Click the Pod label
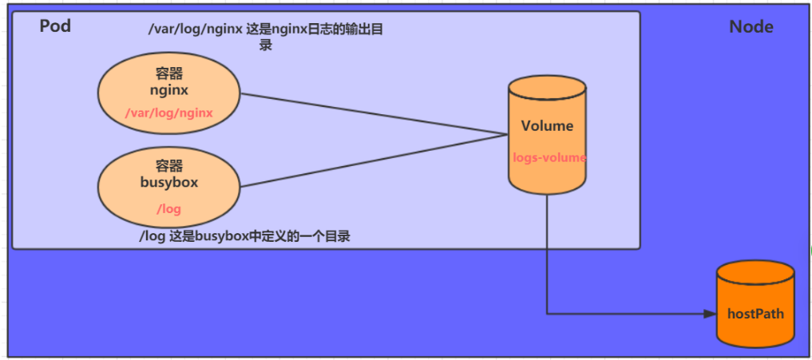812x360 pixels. (55, 26)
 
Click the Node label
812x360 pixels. (751, 26)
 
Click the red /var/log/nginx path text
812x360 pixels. (169, 113)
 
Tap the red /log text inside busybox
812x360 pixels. (169, 209)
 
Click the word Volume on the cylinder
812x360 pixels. (547, 126)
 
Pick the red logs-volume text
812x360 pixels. (549, 158)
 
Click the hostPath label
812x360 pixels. (755, 314)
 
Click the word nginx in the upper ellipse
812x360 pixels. (168, 90)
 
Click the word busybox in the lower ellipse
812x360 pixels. (168, 182)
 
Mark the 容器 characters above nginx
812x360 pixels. (169, 73)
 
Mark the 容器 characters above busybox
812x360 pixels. (169, 165)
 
